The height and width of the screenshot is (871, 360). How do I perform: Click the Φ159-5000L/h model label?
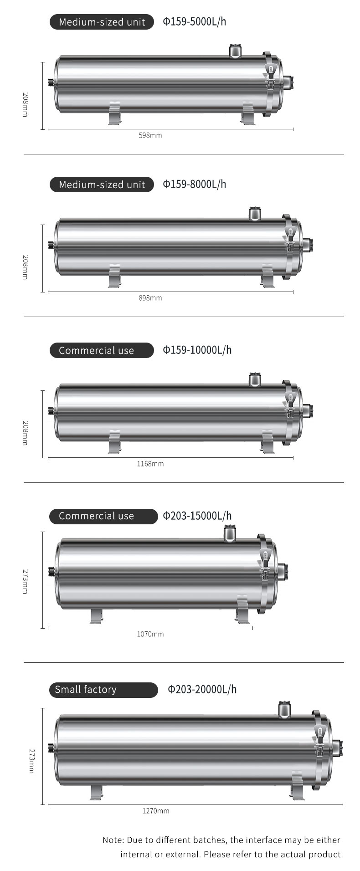coord(195,22)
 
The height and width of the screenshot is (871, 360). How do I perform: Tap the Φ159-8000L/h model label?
coord(195,184)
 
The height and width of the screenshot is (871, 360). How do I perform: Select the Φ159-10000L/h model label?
coord(197,350)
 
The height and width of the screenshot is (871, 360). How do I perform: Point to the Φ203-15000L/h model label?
coord(197,516)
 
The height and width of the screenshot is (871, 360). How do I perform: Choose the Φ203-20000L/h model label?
coord(202,690)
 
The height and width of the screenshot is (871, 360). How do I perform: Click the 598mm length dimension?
coord(150,135)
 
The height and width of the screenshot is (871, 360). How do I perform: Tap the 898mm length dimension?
coord(150,298)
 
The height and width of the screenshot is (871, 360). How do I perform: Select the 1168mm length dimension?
coord(150,464)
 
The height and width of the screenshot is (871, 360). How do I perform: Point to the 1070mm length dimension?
coord(150,634)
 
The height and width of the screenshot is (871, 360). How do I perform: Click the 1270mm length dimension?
coord(156,811)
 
